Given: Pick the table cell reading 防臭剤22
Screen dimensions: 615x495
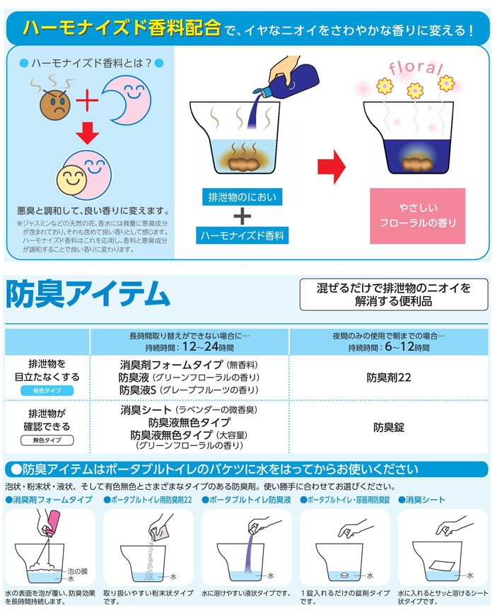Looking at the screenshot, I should pos(389,377).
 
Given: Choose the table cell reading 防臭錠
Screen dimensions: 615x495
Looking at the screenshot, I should pos(389,426).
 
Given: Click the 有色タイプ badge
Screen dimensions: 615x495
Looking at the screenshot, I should pos(47,391).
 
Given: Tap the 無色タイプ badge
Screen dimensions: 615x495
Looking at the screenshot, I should pos(47,440).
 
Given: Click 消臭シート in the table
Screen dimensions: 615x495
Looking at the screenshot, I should pos(146,410).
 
